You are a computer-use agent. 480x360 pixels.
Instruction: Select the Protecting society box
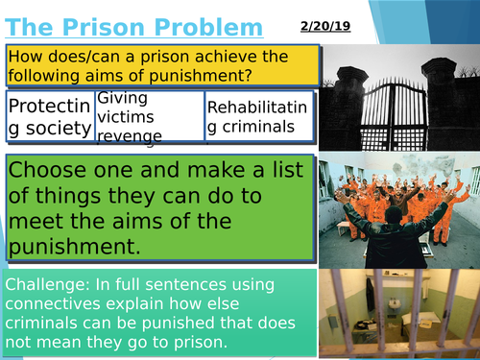50,116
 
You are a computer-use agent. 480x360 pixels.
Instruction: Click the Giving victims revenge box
149,116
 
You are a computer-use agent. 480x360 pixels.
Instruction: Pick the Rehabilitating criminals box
258,116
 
